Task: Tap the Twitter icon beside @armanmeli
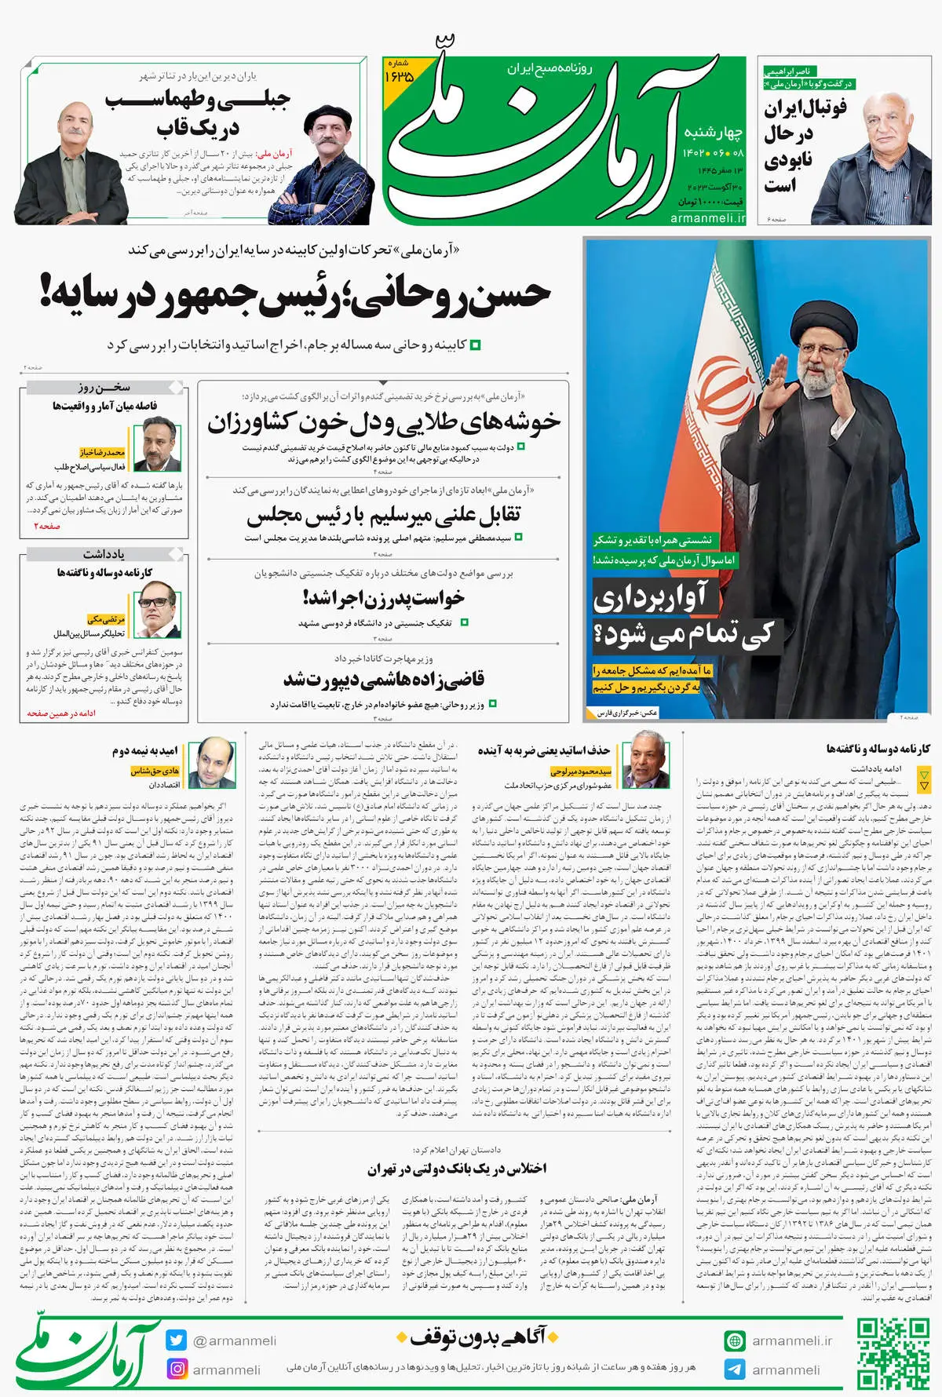tap(177, 1340)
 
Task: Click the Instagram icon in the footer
tap(177, 1369)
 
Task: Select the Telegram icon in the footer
tap(735, 1370)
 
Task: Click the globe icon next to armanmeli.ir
tap(735, 1340)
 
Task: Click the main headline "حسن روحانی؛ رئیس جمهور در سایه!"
tap(294, 294)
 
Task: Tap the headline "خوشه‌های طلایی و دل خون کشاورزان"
tap(383, 423)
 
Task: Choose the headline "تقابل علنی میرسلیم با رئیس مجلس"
tap(383, 516)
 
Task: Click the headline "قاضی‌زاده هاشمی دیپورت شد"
tap(383, 679)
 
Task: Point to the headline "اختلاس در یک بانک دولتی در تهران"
tap(457, 1169)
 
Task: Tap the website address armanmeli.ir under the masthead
tap(708, 218)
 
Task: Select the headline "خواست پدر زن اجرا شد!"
tap(383, 598)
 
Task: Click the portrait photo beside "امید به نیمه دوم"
tap(214, 763)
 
